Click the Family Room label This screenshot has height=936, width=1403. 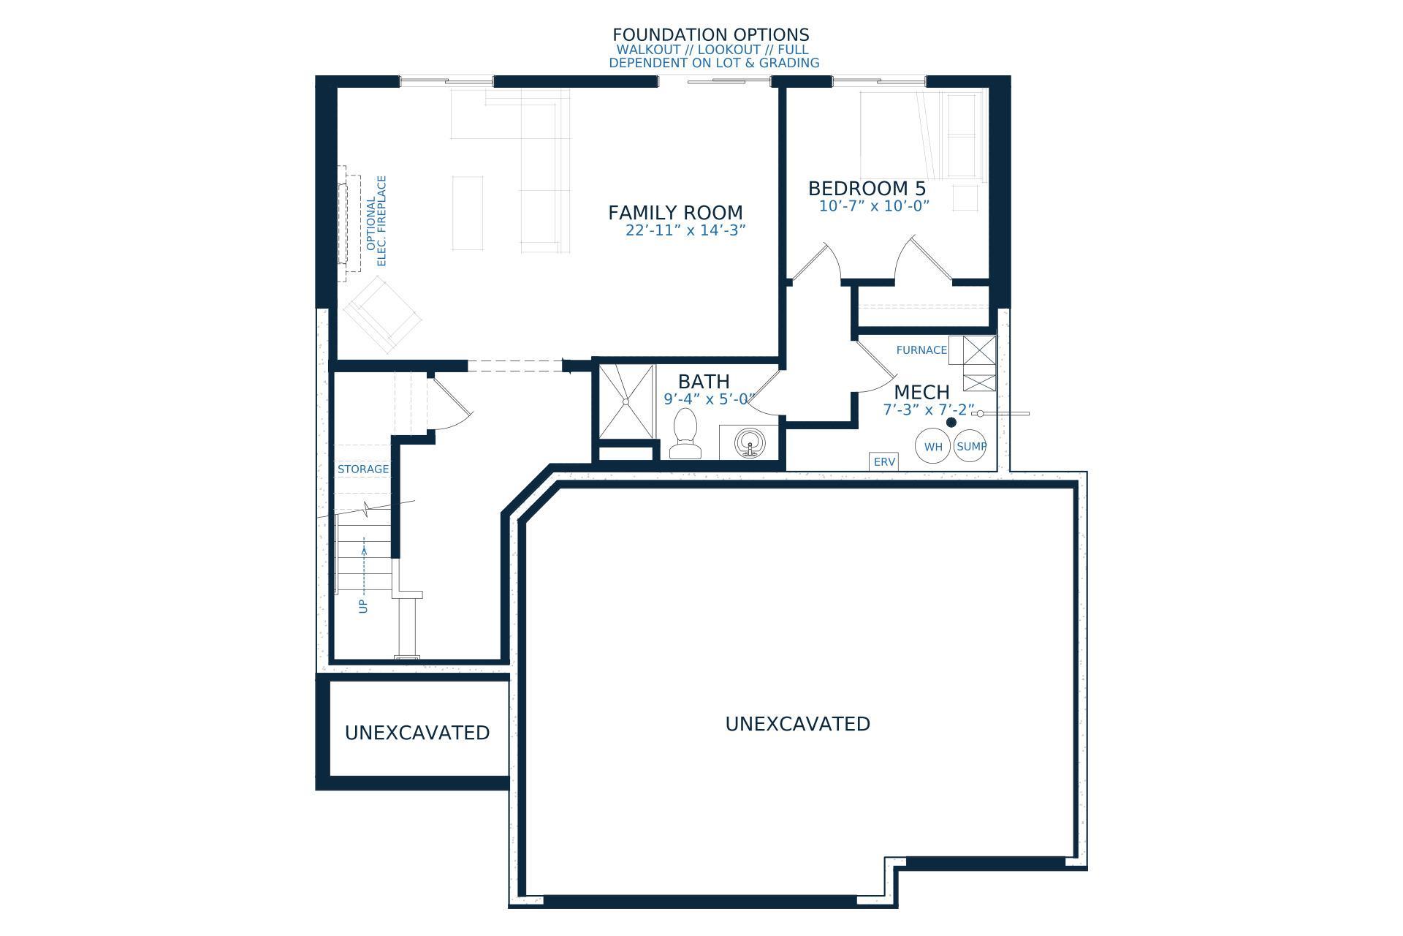675,213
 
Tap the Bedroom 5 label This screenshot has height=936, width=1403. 867,189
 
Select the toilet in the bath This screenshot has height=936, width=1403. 685,434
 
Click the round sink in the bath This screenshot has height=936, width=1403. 748,443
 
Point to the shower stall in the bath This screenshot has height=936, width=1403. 626,401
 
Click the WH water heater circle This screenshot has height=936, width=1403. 933,446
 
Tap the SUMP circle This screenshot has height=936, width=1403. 970,446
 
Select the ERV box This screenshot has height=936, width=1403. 884,462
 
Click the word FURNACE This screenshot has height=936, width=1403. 921,350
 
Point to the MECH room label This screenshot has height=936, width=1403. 921,393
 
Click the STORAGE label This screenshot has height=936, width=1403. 363,469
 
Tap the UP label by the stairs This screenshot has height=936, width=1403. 363,606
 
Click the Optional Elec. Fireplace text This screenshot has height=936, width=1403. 376,221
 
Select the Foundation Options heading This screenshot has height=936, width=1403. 711,35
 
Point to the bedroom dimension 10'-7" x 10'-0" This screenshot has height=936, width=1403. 874,206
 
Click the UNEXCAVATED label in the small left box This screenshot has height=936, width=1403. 417,733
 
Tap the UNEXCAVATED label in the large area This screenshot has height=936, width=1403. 797,724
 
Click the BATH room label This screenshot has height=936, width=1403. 704,382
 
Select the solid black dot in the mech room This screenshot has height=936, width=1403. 951,423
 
